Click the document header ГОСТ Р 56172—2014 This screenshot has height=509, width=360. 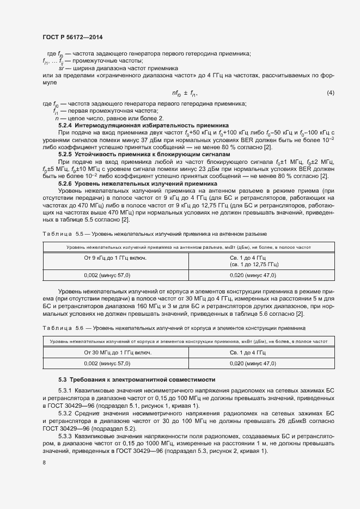click(x=72, y=37)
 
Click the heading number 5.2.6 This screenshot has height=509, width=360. click(x=67, y=184)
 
